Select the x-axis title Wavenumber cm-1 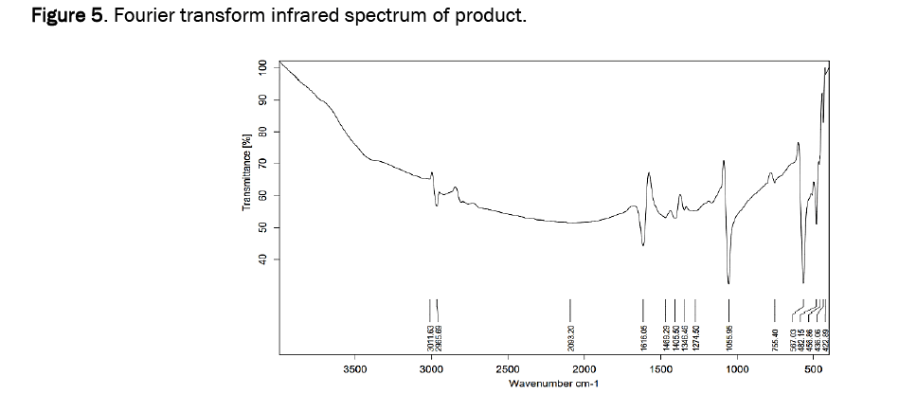tap(554, 384)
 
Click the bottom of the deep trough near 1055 tap(728, 282)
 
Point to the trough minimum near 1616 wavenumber tap(643, 245)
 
